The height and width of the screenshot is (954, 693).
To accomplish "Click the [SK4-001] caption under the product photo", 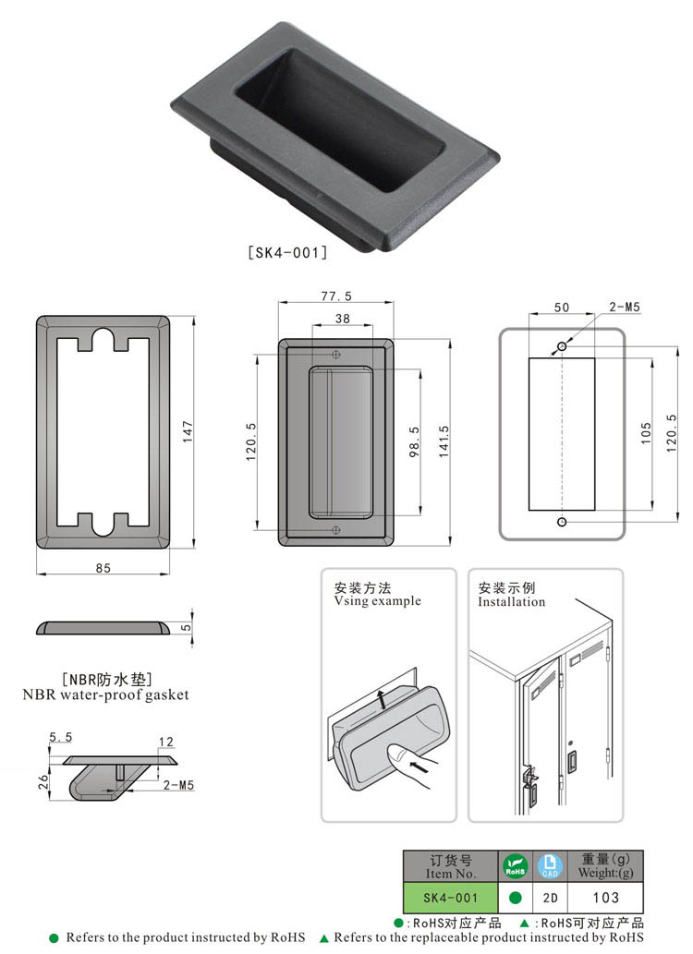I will (287, 251).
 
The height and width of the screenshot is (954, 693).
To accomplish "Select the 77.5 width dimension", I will (336, 296).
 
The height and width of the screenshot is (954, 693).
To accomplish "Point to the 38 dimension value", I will (341, 319).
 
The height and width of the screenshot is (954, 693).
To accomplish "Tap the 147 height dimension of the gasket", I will (188, 432).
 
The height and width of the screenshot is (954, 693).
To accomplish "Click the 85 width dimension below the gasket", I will (103, 568).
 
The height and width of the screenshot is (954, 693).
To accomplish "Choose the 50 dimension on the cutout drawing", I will (561, 308).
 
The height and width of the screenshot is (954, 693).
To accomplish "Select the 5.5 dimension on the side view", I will (60, 737).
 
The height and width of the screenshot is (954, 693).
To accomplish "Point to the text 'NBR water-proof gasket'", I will (105, 694).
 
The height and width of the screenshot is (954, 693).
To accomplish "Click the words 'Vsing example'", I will (377, 601).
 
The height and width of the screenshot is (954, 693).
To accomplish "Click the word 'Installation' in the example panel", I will (511, 602).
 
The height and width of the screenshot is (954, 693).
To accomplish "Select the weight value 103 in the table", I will (605, 897).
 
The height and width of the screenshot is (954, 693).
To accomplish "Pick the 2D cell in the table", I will (550, 897).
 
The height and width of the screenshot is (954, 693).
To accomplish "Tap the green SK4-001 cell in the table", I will (450, 897).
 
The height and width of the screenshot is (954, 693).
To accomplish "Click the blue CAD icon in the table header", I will (550, 866).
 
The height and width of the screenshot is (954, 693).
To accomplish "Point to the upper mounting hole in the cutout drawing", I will (562, 346).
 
